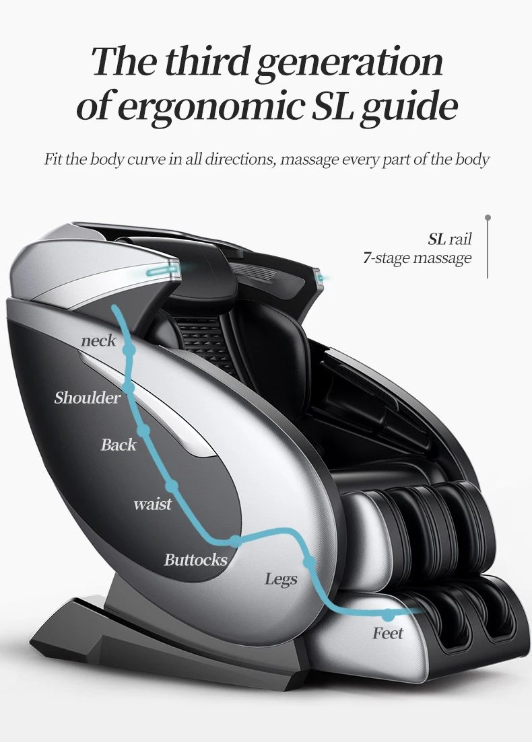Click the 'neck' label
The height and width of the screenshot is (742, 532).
(x=98, y=341)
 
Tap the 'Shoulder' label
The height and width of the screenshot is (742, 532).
(x=88, y=398)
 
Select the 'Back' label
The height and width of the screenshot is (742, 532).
(x=119, y=445)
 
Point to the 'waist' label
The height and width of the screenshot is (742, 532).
(x=152, y=504)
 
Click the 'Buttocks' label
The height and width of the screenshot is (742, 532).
(x=195, y=560)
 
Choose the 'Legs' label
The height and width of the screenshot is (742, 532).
(x=281, y=579)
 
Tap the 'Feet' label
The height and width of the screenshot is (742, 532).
(x=388, y=633)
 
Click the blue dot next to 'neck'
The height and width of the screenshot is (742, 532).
(x=129, y=350)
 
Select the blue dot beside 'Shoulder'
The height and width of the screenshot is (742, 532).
(x=129, y=388)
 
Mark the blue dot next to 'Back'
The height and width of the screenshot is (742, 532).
(x=143, y=430)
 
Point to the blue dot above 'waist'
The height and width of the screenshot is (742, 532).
(x=172, y=485)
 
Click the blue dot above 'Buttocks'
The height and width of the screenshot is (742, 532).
(x=234, y=540)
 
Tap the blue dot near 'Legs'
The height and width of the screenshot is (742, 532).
(x=308, y=562)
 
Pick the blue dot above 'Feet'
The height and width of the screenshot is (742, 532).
(x=388, y=614)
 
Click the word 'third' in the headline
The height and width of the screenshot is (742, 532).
(x=205, y=62)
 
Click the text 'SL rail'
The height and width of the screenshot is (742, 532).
(x=449, y=239)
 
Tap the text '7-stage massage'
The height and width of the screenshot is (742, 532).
(x=418, y=258)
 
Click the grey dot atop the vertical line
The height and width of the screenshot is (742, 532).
(x=488, y=218)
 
